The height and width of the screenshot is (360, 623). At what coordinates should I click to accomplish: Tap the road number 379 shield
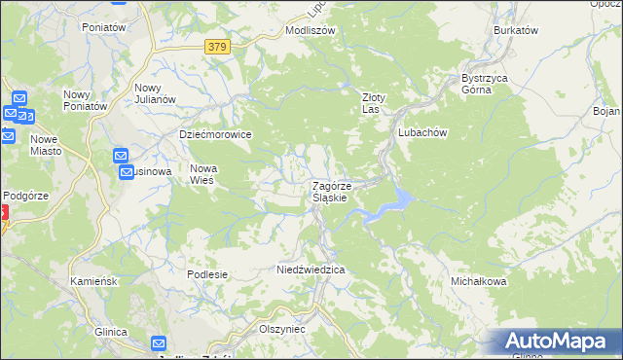(219, 46)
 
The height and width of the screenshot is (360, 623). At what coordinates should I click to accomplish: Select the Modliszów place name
(310, 30)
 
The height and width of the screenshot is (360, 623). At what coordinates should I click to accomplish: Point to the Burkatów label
(516, 30)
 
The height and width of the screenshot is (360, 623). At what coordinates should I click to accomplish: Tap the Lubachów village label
(421, 131)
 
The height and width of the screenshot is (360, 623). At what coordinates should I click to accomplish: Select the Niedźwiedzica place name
(311, 269)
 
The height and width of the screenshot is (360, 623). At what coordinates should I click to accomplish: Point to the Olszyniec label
(282, 329)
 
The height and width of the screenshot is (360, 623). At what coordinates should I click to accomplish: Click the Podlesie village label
(207, 274)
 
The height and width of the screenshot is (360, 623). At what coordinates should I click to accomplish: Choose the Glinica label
(111, 332)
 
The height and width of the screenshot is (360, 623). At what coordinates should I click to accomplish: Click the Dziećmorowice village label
(216, 134)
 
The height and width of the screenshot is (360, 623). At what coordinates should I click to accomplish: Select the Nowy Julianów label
(154, 93)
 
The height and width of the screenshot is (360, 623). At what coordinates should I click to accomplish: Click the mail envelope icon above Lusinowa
(122, 156)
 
